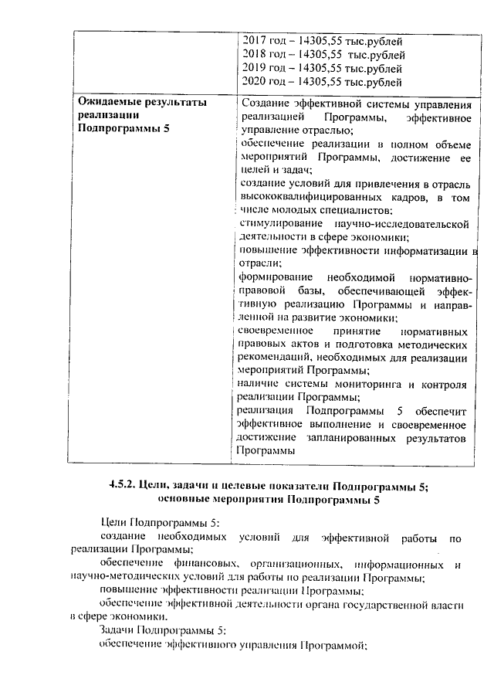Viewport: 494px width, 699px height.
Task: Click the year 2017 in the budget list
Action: point(253,41)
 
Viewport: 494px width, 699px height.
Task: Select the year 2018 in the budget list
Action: point(253,54)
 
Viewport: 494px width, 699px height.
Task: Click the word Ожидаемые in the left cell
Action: point(111,103)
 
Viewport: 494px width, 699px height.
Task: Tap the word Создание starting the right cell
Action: point(265,103)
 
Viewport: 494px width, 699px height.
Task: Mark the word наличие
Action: point(258,384)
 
